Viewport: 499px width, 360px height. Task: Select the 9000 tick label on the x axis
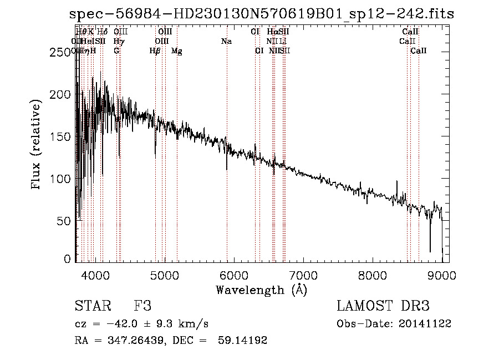coord(442,275)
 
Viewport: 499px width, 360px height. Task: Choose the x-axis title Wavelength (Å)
coord(261,290)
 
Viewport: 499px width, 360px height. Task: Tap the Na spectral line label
coord(226,42)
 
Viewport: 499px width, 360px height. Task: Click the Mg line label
coord(177,51)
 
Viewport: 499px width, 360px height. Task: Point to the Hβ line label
coord(155,51)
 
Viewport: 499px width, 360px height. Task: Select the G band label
coord(116,51)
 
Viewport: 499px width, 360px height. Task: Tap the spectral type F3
coord(142,306)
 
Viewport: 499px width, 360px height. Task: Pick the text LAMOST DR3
coord(383,306)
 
